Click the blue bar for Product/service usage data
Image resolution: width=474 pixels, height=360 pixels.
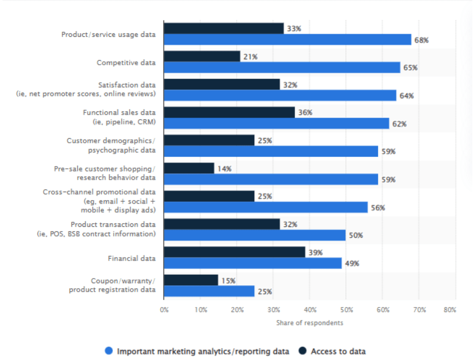point(288,40)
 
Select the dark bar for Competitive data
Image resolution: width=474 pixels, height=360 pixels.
point(202,56)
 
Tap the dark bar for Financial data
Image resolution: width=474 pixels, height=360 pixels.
point(234,252)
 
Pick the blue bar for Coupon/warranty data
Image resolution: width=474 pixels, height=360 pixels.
point(209,291)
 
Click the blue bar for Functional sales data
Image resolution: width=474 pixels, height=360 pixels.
point(276,124)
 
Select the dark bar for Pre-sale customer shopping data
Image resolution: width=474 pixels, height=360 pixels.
point(189,168)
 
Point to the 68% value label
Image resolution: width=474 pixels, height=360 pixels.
point(421,41)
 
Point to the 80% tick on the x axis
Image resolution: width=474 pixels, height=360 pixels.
point(450,309)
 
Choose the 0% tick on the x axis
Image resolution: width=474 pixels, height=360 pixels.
point(164,309)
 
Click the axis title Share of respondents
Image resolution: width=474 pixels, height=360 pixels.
point(309,323)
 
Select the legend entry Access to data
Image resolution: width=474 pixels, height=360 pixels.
point(338,351)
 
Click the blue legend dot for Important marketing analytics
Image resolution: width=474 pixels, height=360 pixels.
point(109,351)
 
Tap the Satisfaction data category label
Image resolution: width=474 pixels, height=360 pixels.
point(86,89)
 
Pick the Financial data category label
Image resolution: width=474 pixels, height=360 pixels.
point(131,259)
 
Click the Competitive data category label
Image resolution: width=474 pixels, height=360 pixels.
point(126,63)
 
